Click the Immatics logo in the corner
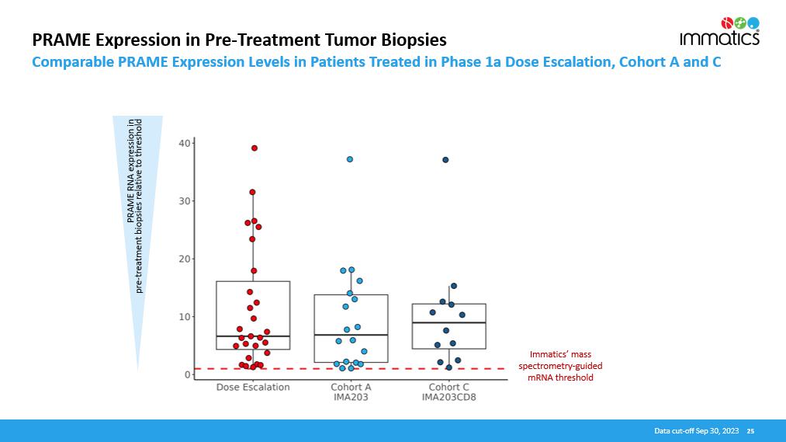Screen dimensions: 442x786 [x=719, y=31]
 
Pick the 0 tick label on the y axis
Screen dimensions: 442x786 [x=187, y=374]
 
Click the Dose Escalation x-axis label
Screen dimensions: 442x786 [x=253, y=387]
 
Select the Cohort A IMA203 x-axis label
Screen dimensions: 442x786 [x=351, y=392]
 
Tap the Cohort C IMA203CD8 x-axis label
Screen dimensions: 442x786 [x=448, y=392]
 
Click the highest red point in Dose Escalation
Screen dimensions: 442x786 [x=254, y=148]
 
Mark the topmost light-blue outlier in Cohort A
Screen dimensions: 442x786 [x=350, y=159]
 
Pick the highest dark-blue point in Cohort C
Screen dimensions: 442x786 [x=445, y=160]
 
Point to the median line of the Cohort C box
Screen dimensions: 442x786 [x=448, y=322]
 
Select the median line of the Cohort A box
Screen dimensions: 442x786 [x=351, y=335]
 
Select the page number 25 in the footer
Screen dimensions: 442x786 [x=750, y=430]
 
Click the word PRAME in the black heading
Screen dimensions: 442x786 [x=56, y=39]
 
